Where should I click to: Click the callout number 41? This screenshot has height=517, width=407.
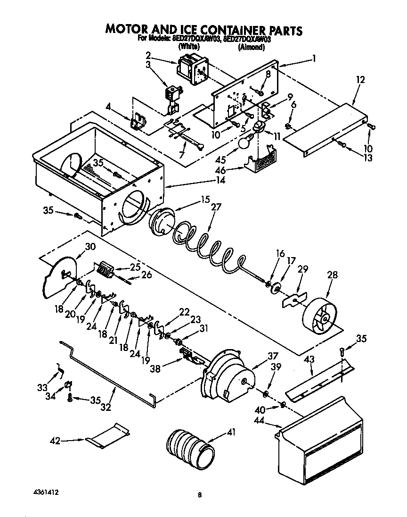231,432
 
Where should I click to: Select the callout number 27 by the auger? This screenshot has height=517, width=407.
215,206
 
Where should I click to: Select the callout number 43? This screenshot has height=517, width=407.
309,359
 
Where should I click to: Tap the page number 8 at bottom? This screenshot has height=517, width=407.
200,495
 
